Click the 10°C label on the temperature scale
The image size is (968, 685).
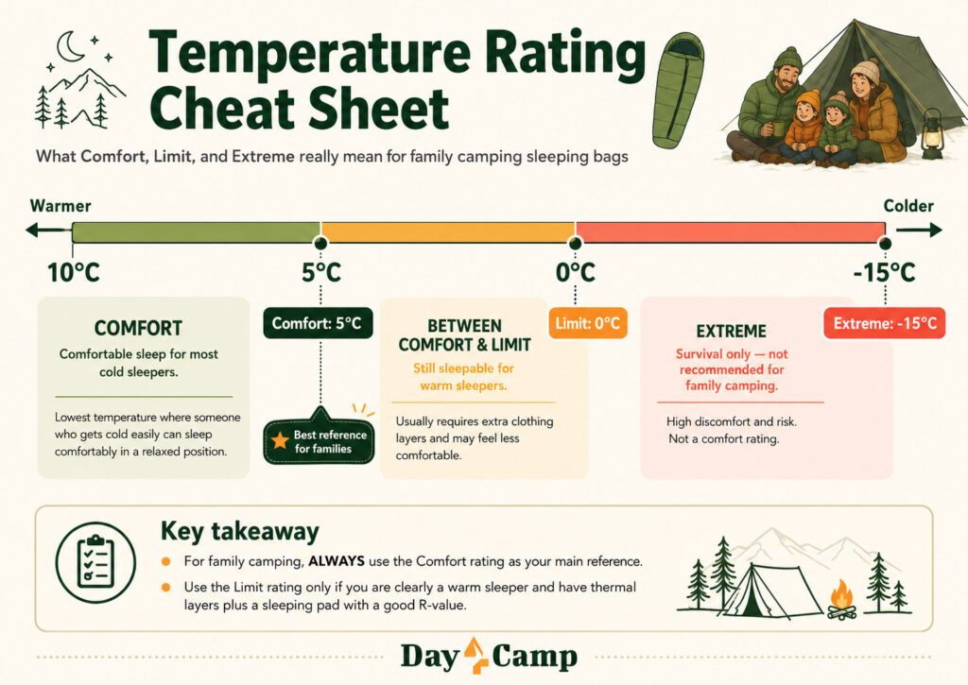coord(74,272)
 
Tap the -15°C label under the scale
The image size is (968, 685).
coord(884,272)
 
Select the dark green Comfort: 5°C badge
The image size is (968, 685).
coord(318,323)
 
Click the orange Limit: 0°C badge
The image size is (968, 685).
coord(588,323)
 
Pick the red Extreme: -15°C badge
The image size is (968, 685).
coord(885,323)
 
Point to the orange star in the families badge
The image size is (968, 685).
coord(280,440)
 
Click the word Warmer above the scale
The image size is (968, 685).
coord(60,206)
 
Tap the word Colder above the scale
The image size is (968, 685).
coord(908,206)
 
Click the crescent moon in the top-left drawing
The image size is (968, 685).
coord(71,47)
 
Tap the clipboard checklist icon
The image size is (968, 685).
coord(95,561)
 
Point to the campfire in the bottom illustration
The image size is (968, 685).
coord(842,600)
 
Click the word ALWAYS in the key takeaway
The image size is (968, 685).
coord(337,561)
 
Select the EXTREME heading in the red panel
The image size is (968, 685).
coord(732,332)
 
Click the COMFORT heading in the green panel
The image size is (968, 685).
coord(138,328)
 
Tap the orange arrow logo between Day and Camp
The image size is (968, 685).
coord(475,655)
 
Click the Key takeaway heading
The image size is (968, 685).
coord(240,531)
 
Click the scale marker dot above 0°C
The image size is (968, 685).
coord(576,243)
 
